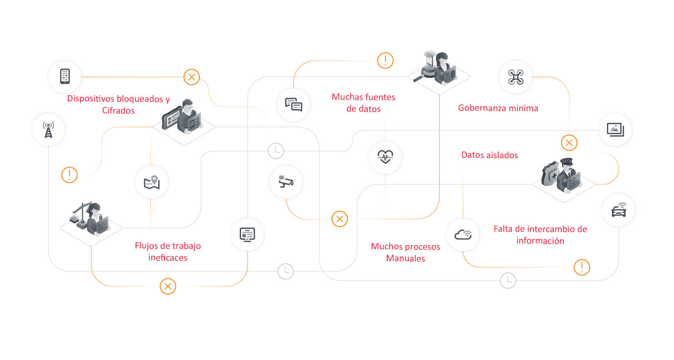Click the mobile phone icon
pos(65,76)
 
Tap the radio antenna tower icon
pos(48,130)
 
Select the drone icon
pos(516,77)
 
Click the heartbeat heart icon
pos(385,157)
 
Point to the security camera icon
pos(286,181)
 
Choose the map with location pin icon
pos(152,182)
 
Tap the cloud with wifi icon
pos(463,235)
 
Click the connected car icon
pos(618,210)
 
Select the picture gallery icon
pos(615,130)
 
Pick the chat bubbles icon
pos(293,105)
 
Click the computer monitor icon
pos(247,235)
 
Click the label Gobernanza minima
pos(498,108)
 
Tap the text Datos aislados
pos(489,155)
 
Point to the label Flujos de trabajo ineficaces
pos(167,252)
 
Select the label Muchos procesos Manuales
pos(405,252)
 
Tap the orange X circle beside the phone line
pos(192,77)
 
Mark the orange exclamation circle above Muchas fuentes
pos(385,60)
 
